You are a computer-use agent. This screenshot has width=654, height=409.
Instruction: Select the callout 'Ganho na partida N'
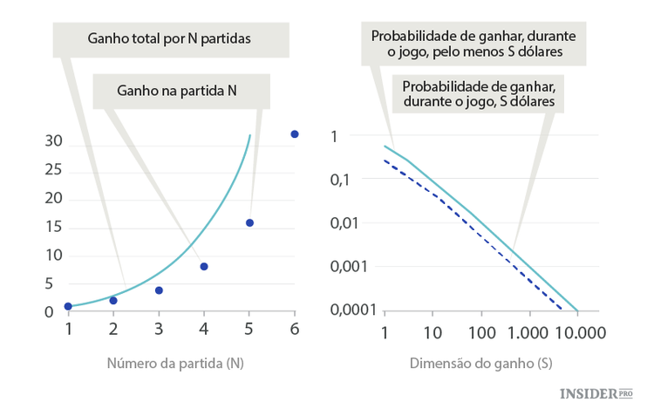[x=177, y=90]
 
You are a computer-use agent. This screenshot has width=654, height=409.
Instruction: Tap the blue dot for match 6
[x=294, y=134]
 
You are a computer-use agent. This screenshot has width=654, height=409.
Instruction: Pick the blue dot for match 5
[x=249, y=223]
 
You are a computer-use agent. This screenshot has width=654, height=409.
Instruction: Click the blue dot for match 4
[x=204, y=266]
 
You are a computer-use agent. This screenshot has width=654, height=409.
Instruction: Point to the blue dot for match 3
[x=159, y=290]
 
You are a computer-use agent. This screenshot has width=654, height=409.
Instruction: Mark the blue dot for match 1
[x=68, y=306]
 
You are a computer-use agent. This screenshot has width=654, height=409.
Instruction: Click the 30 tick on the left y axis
[x=52, y=141]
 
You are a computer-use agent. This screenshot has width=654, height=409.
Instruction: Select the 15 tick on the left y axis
[x=52, y=227]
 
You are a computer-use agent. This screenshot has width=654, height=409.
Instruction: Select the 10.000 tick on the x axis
[x=576, y=332]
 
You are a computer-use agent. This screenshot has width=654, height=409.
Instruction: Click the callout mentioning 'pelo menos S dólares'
[x=477, y=44]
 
